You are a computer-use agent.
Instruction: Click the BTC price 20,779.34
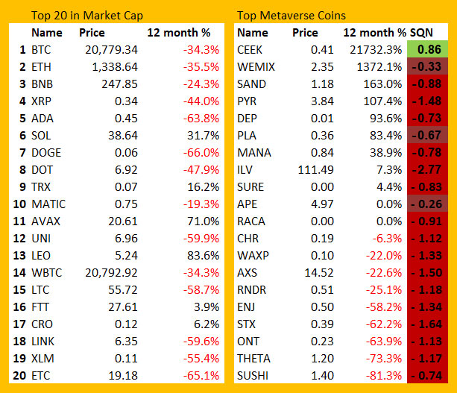click(111, 50)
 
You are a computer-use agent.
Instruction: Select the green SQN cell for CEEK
click(427, 49)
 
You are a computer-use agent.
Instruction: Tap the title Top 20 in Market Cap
click(87, 16)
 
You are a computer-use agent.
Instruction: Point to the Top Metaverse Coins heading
click(291, 16)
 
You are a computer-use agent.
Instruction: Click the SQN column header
click(421, 33)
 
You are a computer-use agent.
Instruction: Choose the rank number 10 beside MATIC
click(19, 204)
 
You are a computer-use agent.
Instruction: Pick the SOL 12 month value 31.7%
click(203, 136)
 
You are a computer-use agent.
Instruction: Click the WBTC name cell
click(47, 273)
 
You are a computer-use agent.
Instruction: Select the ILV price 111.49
click(315, 170)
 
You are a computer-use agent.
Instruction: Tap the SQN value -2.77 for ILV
click(426, 170)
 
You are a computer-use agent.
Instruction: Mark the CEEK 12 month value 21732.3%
click(376, 50)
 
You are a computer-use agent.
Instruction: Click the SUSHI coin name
click(253, 376)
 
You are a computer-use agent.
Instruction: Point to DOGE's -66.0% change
click(201, 153)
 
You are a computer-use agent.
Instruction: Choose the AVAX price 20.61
click(123, 221)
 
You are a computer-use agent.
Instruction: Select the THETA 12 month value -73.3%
click(384, 359)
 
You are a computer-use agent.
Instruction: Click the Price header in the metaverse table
click(305, 33)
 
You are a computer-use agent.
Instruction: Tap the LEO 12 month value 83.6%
click(203, 256)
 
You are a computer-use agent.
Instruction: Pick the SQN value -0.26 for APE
click(426, 204)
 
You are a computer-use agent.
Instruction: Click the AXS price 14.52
click(319, 273)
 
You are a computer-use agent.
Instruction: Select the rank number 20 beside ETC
click(19, 376)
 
